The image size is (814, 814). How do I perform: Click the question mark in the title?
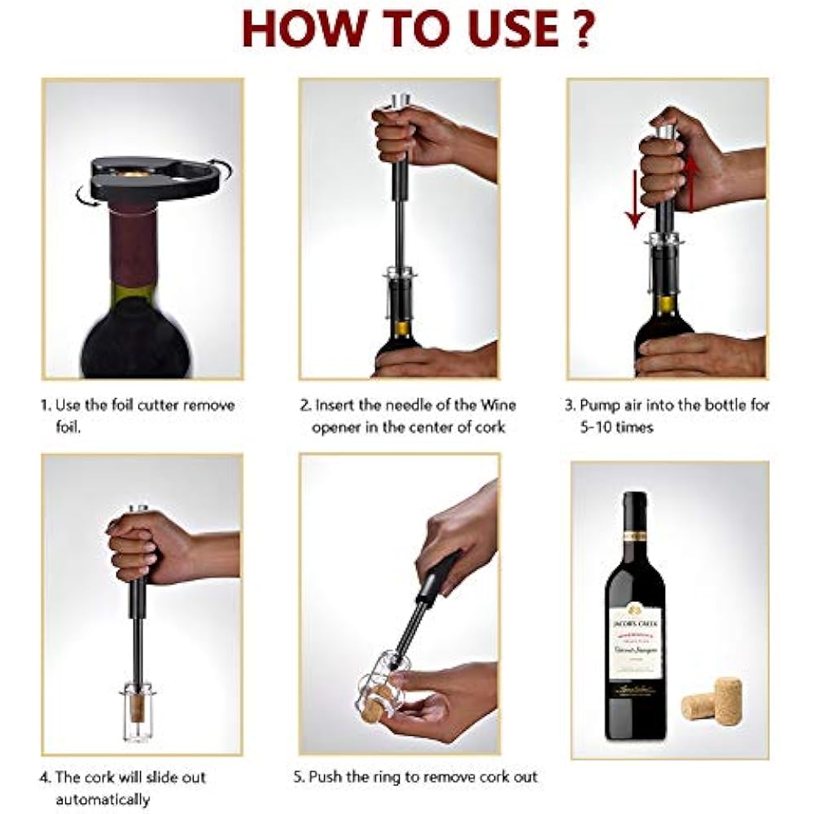580,29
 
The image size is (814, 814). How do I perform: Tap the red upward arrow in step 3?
692,184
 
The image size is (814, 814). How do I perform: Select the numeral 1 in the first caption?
46,405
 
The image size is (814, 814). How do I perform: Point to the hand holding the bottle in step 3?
700,356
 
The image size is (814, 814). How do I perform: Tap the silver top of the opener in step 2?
400,102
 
